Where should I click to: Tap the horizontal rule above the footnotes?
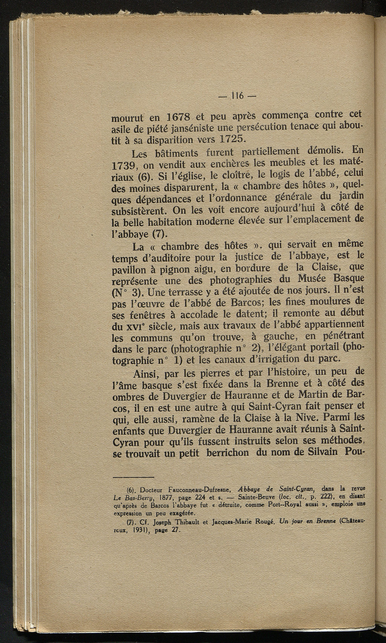pos(134,477)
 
